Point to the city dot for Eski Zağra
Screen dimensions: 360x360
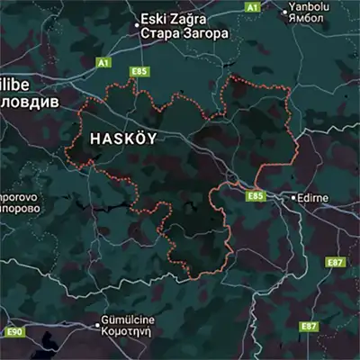137,25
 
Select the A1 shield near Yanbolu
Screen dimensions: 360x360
253,6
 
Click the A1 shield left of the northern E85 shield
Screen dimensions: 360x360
103,63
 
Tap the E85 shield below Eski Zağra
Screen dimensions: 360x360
138,71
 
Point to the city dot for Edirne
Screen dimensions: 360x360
293,196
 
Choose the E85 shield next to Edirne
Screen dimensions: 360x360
256,195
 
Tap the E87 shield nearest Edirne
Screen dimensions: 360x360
335,261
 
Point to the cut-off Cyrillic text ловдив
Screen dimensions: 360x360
29,102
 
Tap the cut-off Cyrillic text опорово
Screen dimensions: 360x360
18,207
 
